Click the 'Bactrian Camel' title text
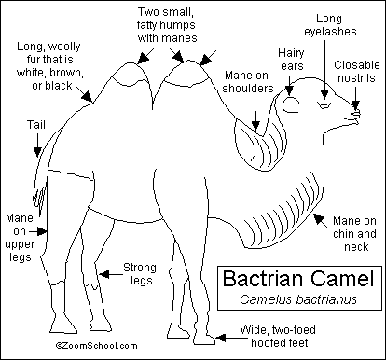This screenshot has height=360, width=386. [298, 278]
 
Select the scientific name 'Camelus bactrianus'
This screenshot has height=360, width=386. [298, 299]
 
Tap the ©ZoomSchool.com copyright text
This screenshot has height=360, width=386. [96, 345]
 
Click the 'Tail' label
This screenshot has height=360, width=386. [36, 125]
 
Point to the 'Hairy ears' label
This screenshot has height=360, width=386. [291, 60]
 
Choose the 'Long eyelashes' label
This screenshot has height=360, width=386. [330, 25]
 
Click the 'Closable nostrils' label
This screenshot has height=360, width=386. [357, 72]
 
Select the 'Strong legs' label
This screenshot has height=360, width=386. [140, 274]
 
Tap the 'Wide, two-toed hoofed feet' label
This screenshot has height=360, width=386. [278, 337]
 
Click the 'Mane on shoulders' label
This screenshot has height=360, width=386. [248, 82]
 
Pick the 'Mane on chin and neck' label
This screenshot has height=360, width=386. [354, 234]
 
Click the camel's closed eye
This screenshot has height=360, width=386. [324, 104]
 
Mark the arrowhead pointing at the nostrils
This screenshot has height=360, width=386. [356, 104]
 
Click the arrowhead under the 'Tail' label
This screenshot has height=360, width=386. [37, 152]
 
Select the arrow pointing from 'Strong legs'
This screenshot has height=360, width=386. [111, 274]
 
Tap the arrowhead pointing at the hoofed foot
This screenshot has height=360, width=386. [221, 338]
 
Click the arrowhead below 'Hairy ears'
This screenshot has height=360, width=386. [289, 90]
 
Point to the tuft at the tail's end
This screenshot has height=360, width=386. [39, 199]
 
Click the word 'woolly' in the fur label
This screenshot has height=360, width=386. [64, 47]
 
